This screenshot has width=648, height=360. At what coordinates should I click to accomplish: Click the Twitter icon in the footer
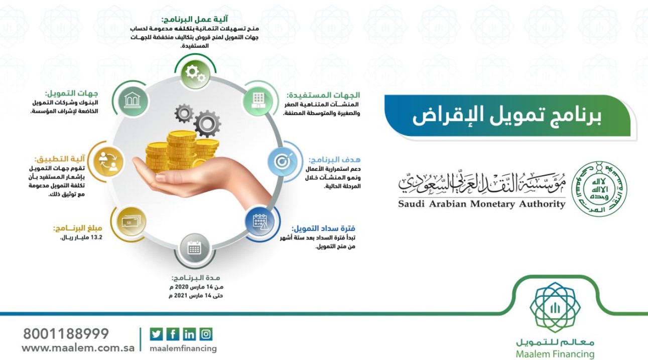click(x=157, y=334)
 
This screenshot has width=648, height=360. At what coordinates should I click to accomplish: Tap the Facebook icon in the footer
click(x=173, y=334)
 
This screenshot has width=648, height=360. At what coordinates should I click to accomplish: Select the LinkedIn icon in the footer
click(x=189, y=334)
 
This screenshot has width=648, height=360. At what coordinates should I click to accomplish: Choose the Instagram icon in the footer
click(x=206, y=334)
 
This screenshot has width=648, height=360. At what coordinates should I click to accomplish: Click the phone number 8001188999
click(x=66, y=334)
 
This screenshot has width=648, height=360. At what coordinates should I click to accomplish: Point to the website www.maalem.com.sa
click(x=78, y=348)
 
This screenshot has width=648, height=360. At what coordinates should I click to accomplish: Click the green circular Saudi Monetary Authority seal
click(x=600, y=188)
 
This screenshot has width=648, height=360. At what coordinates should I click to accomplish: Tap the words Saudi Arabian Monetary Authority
click(x=482, y=204)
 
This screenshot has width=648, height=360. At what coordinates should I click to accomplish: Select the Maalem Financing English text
click(x=555, y=354)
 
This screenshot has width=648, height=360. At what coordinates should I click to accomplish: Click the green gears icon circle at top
click(x=195, y=73)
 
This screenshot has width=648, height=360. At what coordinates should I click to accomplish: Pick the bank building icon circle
click(x=133, y=101)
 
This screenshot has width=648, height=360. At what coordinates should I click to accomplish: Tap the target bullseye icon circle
click(x=283, y=162)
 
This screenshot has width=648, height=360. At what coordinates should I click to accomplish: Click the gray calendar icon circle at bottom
click(x=194, y=249)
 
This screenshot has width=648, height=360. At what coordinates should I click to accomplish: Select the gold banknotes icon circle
click(x=131, y=222)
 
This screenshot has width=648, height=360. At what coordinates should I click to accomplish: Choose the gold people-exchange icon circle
click(x=108, y=162)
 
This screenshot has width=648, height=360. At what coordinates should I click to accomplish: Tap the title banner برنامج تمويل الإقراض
click(x=507, y=116)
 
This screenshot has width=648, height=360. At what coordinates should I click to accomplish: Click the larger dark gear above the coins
click(x=207, y=124)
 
